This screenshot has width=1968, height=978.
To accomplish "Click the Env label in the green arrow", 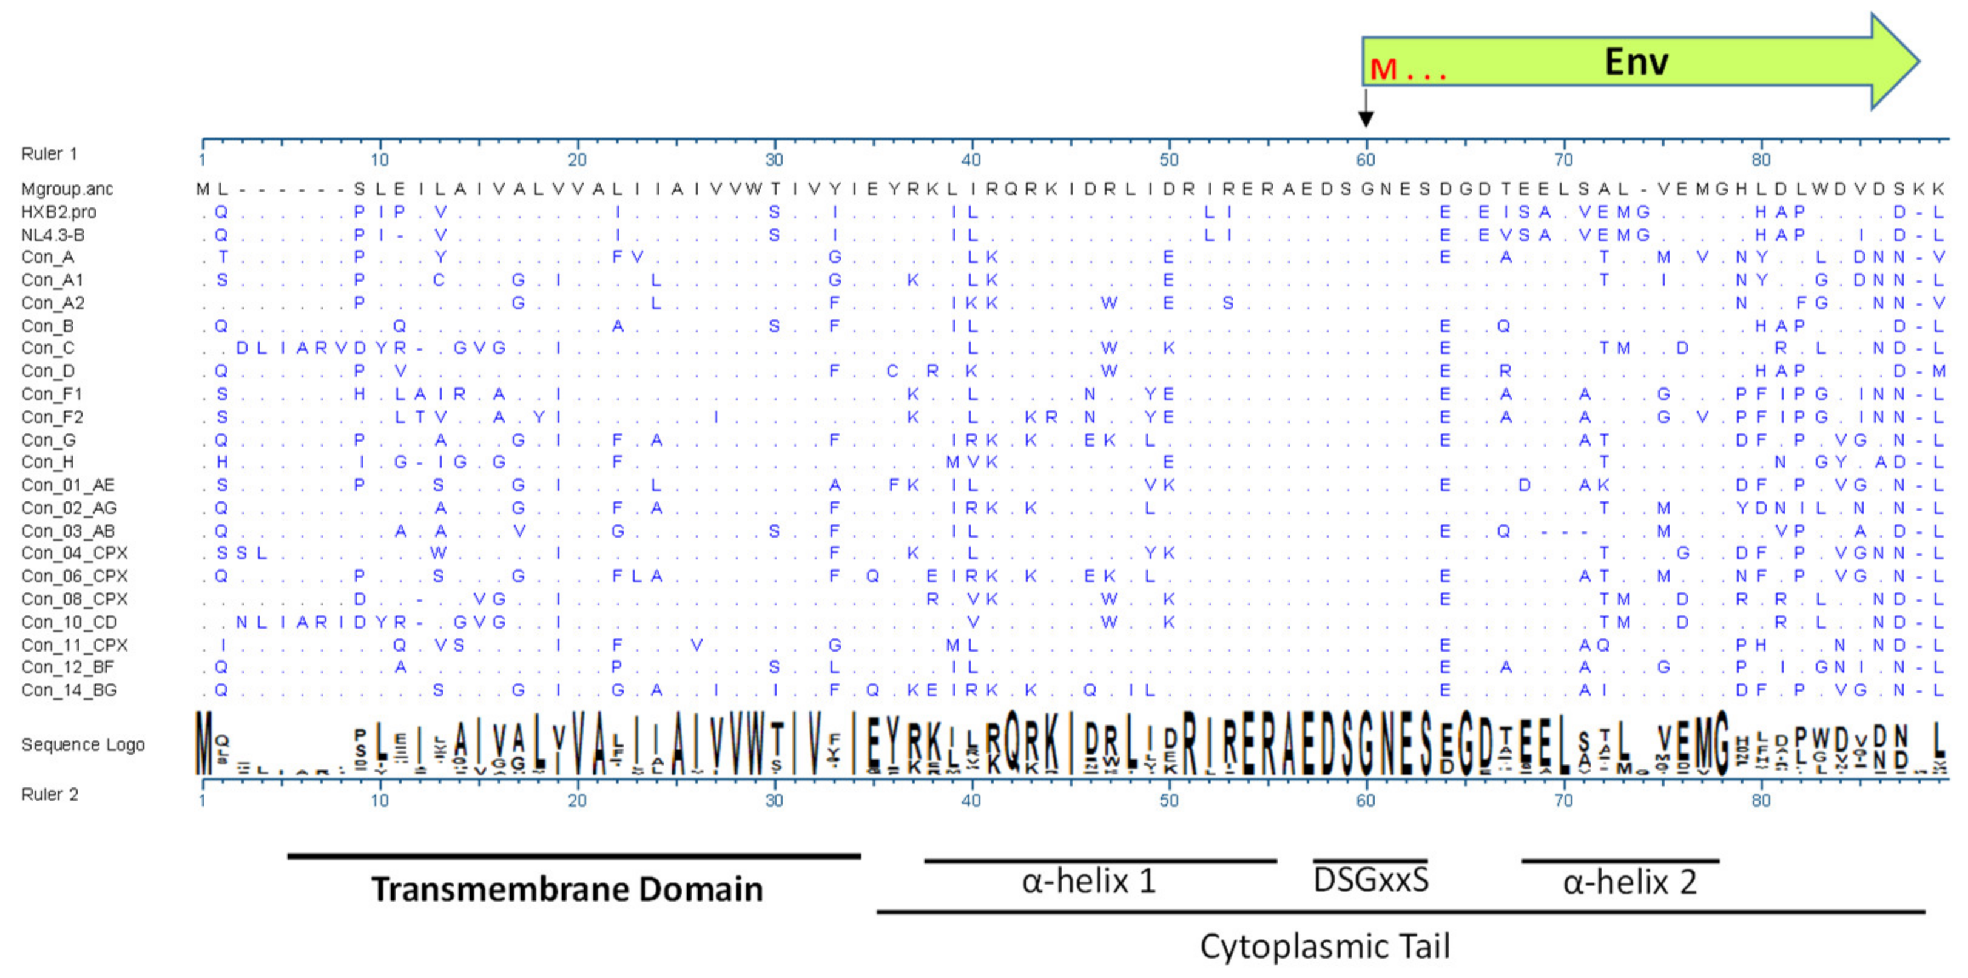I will [x=1636, y=61].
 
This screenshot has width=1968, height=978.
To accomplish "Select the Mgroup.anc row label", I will [x=67, y=189].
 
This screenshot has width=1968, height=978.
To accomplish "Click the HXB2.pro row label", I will [x=59, y=212].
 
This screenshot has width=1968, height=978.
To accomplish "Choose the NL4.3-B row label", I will [x=53, y=235].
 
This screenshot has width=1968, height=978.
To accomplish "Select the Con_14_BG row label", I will [x=70, y=690].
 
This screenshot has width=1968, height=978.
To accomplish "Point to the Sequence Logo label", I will [x=83, y=744].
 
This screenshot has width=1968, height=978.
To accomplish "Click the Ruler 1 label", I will [x=50, y=153].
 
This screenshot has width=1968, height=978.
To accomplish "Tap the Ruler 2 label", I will [x=50, y=795].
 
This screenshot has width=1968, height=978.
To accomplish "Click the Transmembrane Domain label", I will [x=567, y=889].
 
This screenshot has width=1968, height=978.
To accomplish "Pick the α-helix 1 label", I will [x=1089, y=882].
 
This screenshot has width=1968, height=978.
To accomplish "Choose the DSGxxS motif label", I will [x=1370, y=880].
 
